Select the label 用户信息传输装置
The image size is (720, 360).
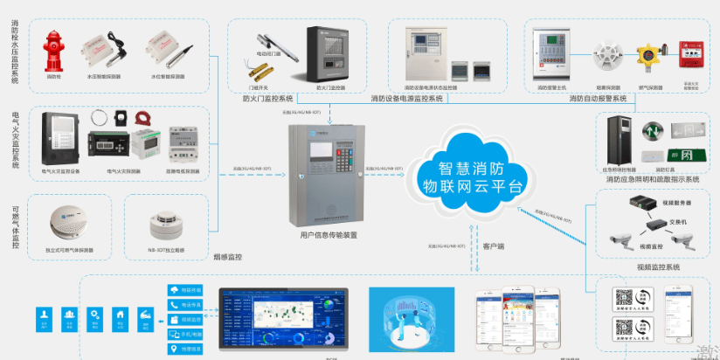click(x=329, y=235)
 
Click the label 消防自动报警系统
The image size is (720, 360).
click(x=598, y=99)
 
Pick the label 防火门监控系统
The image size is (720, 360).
click(x=267, y=99)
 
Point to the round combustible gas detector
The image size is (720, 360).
click(x=67, y=221)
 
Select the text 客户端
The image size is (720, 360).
click(x=495, y=246)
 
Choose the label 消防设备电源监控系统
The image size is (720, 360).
click(x=407, y=99)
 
